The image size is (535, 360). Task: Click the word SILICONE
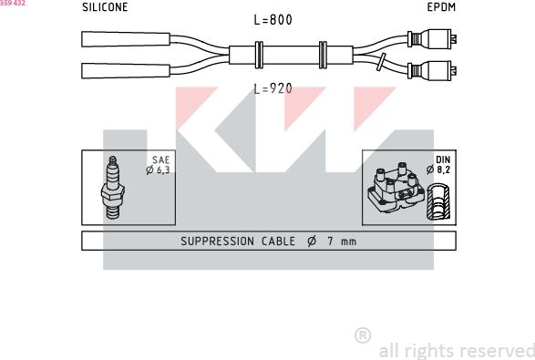tap(105, 7)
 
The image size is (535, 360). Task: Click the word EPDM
tap(441, 7)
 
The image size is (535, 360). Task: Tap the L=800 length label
tap(273, 20)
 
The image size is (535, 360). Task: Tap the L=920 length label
tap(273, 88)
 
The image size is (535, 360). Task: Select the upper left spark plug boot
tap(126, 39)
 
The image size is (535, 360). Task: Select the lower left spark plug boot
tap(126, 71)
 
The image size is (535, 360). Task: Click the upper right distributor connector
tap(432, 39)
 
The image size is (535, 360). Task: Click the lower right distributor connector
tap(432, 71)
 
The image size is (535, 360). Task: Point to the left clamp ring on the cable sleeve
tap(259, 55)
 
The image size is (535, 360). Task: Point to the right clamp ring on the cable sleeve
tap(323, 55)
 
